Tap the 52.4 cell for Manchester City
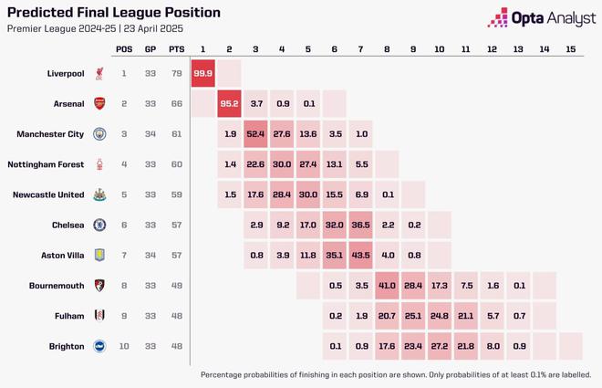click(255, 134)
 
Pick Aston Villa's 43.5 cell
click(360, 256)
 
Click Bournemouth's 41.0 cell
click(387, 286)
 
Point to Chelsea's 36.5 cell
click(360, 225)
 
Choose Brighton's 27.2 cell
click(439, 346)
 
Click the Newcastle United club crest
click(99, 194)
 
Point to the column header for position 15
click(570, 48)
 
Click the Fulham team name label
click(68, 316)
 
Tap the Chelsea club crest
click(99, 225)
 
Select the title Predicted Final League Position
click(114, 13)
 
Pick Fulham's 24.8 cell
click(439, 316)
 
